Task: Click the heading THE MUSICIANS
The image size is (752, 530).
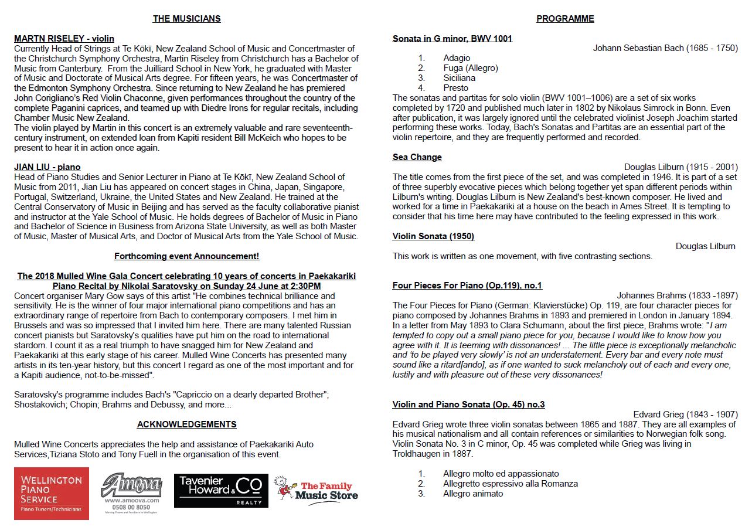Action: click(x=186, y=19)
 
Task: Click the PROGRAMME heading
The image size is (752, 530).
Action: click(x=565, y=19)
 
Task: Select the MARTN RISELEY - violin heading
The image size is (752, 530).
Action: click(x=64, y=39)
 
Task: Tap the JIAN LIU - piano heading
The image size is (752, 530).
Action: click(x=47, y=167)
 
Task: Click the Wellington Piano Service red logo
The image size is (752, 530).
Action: click(x=52, y=493)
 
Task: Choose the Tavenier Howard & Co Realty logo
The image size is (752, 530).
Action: click(x=221, y=491)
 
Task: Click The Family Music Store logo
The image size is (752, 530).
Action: click(x=317, y=490)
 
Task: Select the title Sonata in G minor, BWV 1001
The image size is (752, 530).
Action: click(x=452, y=39)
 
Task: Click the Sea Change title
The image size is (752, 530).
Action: click(x=417, y=157)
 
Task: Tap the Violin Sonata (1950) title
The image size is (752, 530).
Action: click(x=433, y=236)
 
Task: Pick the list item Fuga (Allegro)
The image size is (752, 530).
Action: click(x=471, y=68)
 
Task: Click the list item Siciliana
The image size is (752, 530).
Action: click(x=460, y=78)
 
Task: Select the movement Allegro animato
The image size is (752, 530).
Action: click(x=473, y=494)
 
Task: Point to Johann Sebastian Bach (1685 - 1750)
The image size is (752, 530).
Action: click(x=665, y=48)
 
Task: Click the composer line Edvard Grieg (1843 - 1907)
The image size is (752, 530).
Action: click(x=685, y=415)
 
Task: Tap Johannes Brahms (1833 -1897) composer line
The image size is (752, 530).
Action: click(x=677, y=295)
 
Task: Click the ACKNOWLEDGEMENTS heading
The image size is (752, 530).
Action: click(x=186, y=424)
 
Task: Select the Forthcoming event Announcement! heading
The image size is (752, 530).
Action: click(x=186, y=256)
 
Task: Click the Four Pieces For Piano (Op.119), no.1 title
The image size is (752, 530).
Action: click(x=467, y=286)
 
